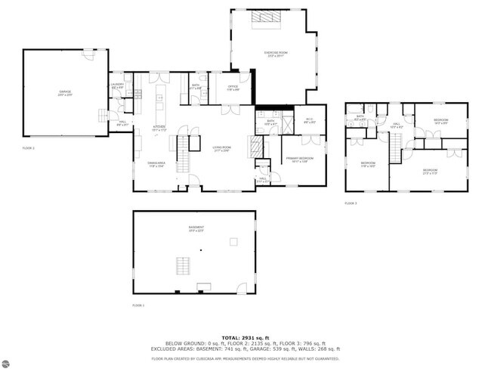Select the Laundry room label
coord(117,85)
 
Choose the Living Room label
coord(222,148)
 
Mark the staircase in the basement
coord(183,266)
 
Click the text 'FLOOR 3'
coord(350,203)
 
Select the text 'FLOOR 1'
coord(138,305)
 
